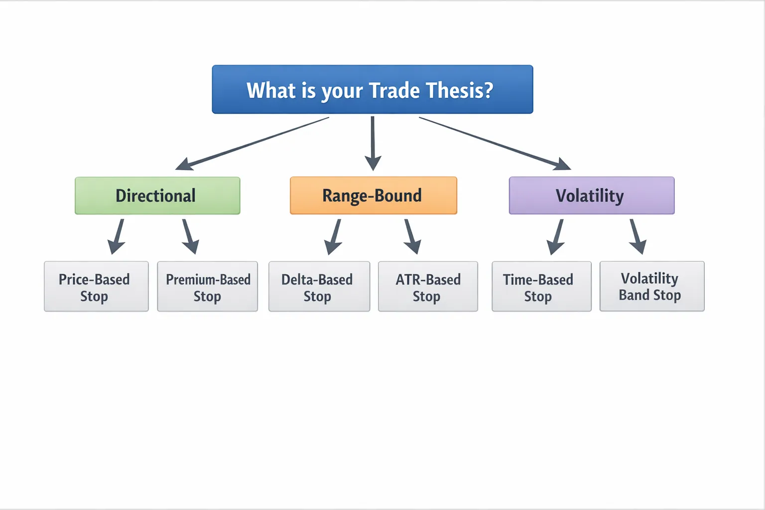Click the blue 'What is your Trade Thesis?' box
(x=372, y=90)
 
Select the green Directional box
(x=157, y=196)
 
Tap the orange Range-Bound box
(x=373, y=196)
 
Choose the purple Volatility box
(x=591, y=196)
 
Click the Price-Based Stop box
(x=96, y=286)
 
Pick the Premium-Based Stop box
(x=207, y=286)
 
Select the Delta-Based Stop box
(x=319, y=286)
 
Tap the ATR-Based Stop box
(x=428, y=286)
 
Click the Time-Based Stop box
(x=541, y=286)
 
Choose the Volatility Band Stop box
(x=651, y=286)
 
